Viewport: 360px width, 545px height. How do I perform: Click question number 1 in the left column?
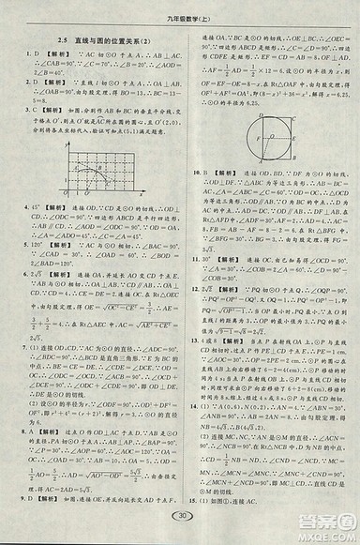coord(23,55)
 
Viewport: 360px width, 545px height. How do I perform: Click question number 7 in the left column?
coord(23,346)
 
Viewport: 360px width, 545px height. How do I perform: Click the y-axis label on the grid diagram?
coord(67,139)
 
